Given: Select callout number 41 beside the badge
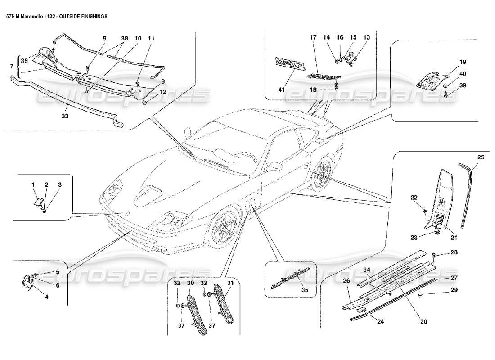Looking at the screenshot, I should point(282,90).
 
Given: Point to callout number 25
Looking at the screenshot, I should point(481,157).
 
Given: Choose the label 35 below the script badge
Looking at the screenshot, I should point(305,290).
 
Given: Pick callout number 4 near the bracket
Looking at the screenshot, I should point(46,297).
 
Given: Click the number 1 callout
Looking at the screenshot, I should point(33,185).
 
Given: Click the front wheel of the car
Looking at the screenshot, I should point(223,225).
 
